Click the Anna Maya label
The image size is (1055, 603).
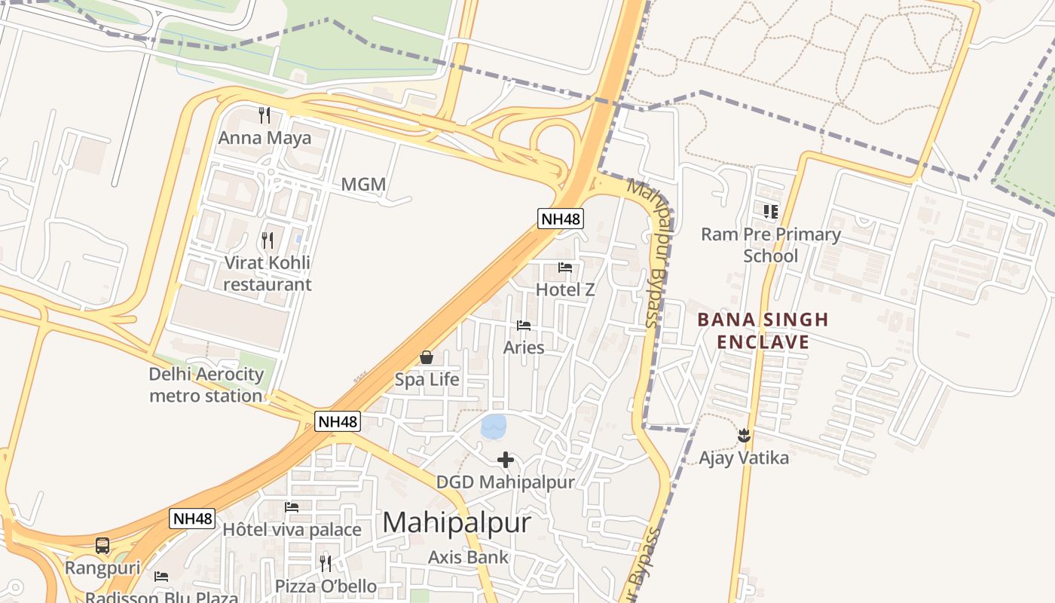click(x=265, y=138)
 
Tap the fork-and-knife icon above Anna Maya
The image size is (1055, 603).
click(x=265, y=115)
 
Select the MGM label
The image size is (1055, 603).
click(x=363, y=185)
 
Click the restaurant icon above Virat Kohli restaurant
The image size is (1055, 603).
click(x=268, y=240)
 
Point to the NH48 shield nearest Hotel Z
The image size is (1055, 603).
click(x=561, y=219)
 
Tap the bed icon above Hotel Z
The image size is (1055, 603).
click(x=565, y=268)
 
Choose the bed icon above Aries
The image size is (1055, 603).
click(x=524, y=326)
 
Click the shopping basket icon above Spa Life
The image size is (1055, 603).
click(x=427, y=357)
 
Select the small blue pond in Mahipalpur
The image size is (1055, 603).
click(x=493, y=427)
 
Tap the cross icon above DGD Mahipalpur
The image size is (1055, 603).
click(x=506, y=459)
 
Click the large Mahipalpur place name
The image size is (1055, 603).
click(x=457, y=522)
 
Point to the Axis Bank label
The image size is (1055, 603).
click(x=468, y=558)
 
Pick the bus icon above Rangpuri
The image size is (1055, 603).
click(x=102, y=545)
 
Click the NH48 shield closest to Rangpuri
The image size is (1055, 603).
click(x=192, y=519)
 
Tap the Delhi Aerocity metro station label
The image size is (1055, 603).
click(x=206, y=384)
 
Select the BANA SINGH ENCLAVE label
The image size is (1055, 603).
click(x=763, y=331)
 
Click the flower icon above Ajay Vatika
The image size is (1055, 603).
click(x=744, y=435)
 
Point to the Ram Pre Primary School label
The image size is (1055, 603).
click(x=770, y=245)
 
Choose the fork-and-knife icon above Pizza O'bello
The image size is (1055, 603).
click(x=326, y=563)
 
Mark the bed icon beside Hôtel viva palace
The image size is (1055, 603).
click(x=292, y=507)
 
